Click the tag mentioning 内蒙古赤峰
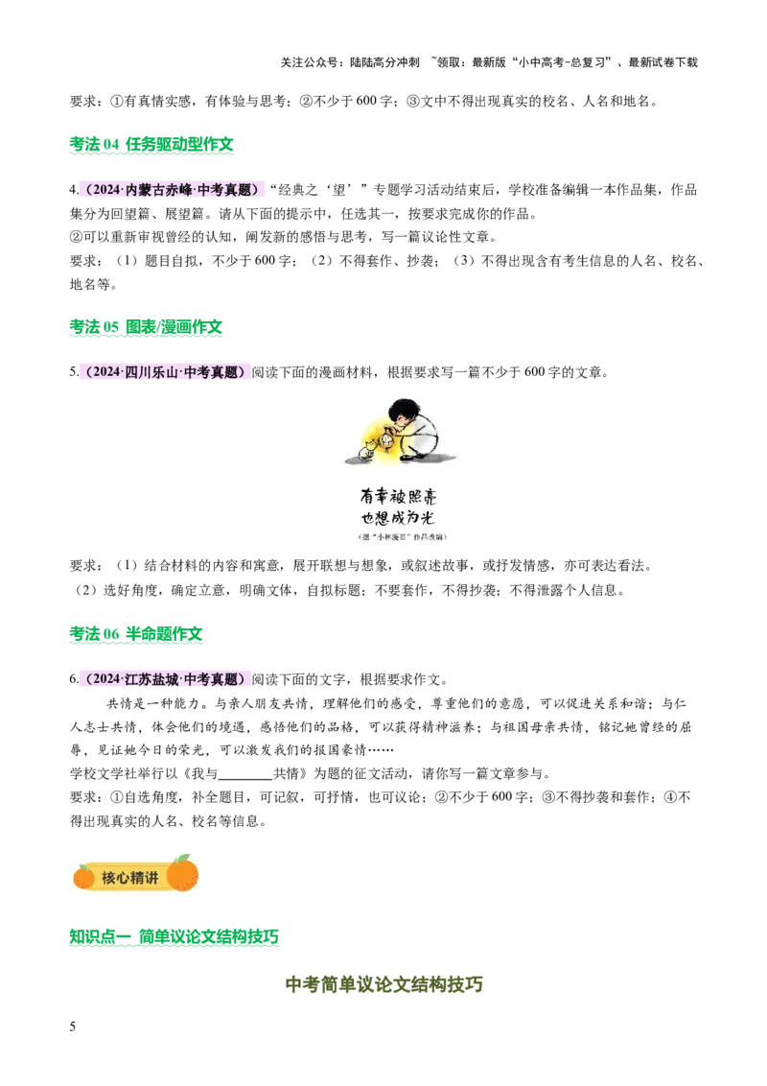[x=173, y=190]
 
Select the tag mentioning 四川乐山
[x=165, y=372]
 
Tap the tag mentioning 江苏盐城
[x=165, y=679]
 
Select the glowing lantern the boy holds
[x=386, y=440]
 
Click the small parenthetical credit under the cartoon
[x=403, y=537]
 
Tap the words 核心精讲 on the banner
[x=130, y=877]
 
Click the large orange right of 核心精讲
[x=182, y=873]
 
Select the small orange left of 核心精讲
[x=84, y=876]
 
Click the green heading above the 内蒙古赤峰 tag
[x=152, y=146]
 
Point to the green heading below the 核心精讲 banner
[x=175, y=937]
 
